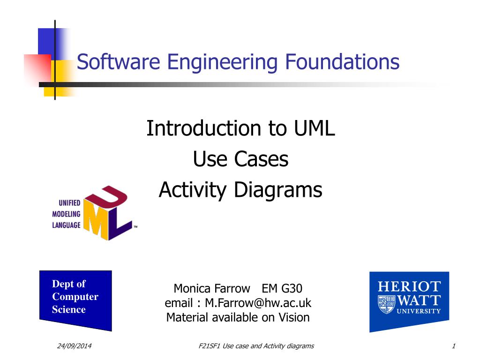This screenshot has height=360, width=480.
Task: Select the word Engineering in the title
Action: tap(199, 62)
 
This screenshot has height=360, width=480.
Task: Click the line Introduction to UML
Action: tap(240, 128)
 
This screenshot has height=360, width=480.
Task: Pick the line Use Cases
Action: tap(240, 160)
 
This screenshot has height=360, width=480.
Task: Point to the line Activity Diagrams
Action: tap(240, 190)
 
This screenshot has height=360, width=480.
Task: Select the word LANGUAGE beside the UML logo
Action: tap(66, 225)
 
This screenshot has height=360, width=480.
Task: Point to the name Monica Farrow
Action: tap(212, 288)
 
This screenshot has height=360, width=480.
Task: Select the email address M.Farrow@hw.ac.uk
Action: tap(258, 303)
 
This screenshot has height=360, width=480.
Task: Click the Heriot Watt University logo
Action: tap(409, 300)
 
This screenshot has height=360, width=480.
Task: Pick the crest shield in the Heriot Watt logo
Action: tap(387, 304)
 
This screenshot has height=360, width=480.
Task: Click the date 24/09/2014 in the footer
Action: tap(74, 346)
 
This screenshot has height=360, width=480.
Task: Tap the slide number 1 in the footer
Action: tap(454, 346)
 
